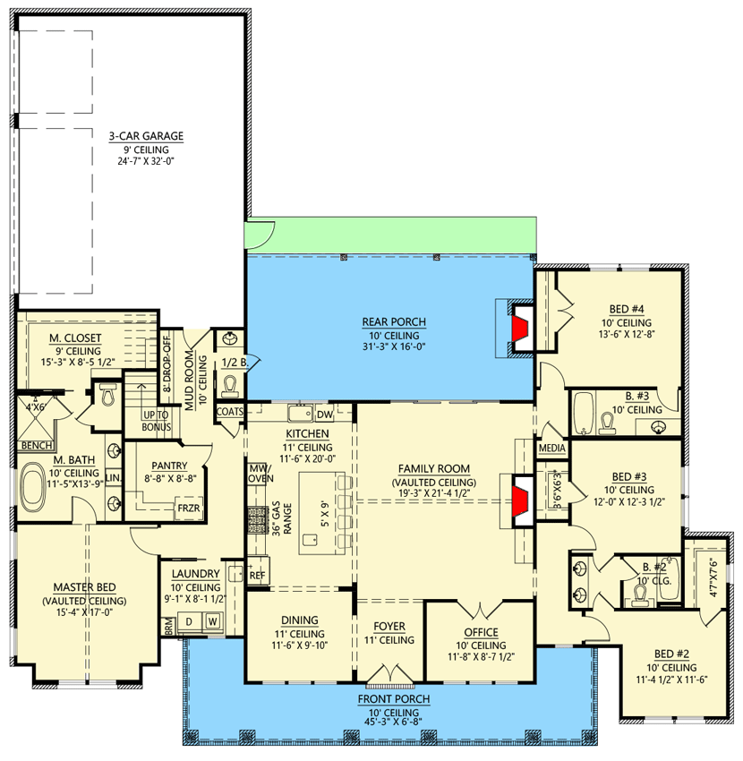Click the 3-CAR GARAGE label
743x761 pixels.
146,136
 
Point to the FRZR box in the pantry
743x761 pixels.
189,509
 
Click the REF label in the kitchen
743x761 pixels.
257,576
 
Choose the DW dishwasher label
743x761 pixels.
325,415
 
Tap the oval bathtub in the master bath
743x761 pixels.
33,487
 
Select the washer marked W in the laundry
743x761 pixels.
212,621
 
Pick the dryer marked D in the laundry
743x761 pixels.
189,621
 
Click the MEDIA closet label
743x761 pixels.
552,448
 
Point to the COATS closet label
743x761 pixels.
229,412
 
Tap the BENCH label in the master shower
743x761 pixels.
37,446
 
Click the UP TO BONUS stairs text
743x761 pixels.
157,421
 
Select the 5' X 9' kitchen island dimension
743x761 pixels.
325,514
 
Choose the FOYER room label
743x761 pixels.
389,627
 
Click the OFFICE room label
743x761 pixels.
481,632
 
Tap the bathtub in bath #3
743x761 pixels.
584,413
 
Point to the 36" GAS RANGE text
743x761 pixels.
281,518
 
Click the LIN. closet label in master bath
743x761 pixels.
113,478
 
